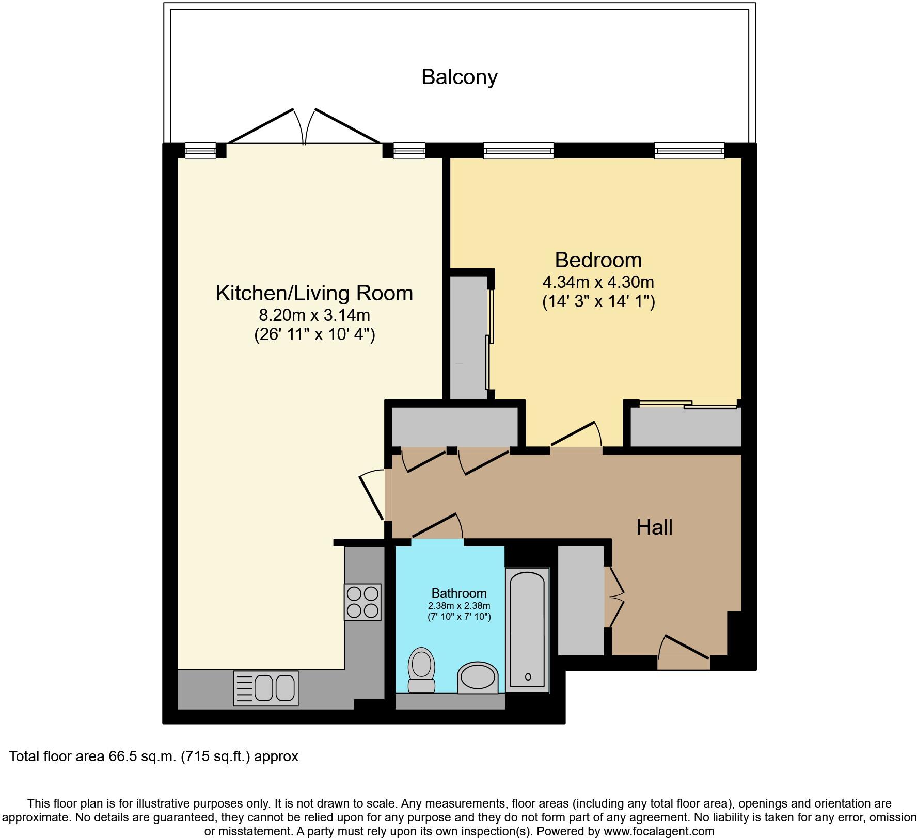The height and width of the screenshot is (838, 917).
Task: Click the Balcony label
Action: [x=459, y=77]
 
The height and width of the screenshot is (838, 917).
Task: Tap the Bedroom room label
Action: [x=598, y=260]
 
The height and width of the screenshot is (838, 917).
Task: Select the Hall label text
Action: [x=654, y=527]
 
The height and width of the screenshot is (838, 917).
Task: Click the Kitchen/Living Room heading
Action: [x=314, y=293]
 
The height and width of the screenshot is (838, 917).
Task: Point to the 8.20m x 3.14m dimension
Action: [x=314, y=315]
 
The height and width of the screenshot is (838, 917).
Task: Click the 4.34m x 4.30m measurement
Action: [x=598, y=282]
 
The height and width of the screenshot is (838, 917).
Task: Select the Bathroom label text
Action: [x=458, y=593]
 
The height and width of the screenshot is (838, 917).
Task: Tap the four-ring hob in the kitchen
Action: [x=362, y=602]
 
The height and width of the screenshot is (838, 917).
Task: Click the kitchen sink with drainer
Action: [x=266, y=688]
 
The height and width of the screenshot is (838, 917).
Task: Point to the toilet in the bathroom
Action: [x=421, y=670]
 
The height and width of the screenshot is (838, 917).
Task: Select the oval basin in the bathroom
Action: [x=478, y=677]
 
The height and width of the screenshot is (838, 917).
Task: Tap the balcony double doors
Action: [x=305, y=126]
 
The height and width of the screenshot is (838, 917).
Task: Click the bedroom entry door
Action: [x=576, y=436]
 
